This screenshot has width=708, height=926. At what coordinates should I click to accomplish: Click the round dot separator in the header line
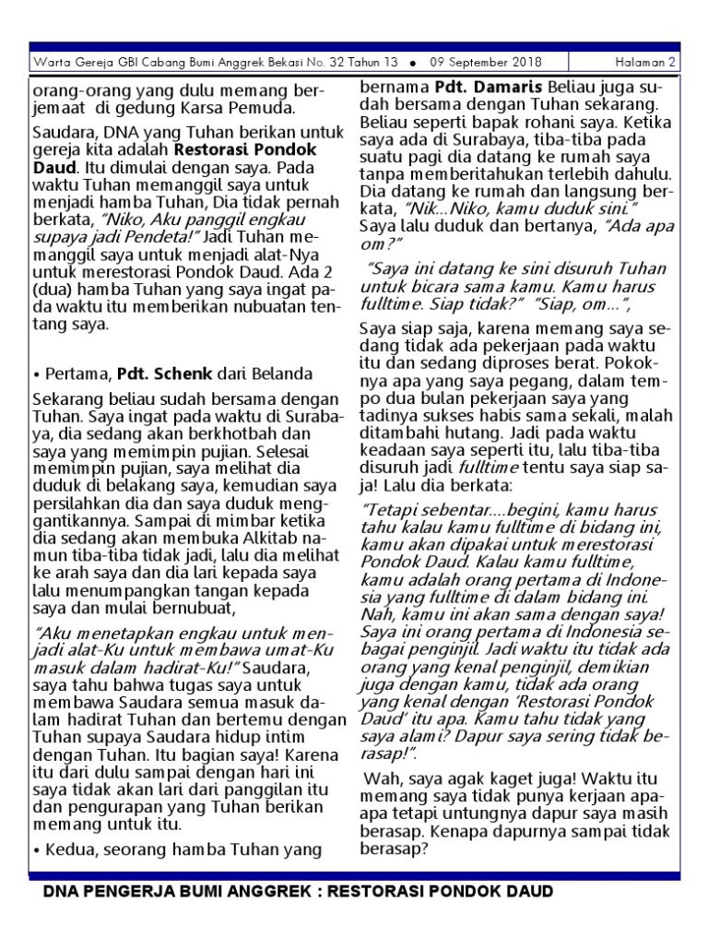(412, 63)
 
